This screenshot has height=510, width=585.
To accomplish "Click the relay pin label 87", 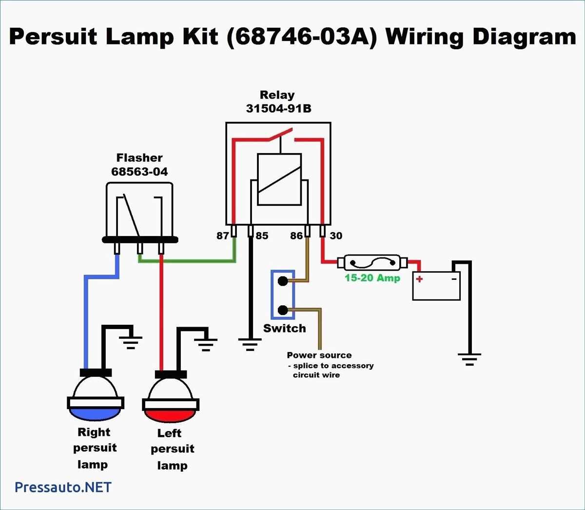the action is point(222,236).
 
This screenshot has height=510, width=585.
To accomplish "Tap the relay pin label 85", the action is point(262,236).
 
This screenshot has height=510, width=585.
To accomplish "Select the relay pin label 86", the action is point(296,236).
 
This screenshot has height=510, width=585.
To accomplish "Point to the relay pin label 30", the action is point(336,236).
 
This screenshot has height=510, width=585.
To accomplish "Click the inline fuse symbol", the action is point(372,263).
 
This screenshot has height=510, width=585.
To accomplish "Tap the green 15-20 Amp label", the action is point(372,278).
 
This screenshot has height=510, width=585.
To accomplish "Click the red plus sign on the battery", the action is point(419,279).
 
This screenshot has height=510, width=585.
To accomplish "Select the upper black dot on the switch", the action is point(282,281).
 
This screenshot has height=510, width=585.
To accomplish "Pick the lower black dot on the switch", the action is point(282,310).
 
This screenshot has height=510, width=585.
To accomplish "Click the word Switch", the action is point(284,329).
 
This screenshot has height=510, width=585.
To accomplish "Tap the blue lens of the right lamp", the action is point(95,414).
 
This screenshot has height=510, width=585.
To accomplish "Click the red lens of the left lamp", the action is point(170,415).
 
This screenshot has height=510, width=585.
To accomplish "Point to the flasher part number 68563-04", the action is point(139,172).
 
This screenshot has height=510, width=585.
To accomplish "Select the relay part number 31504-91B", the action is point(278,108).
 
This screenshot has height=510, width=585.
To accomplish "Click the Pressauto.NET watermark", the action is point(63,487).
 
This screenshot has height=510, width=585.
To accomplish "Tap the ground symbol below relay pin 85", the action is point(250,344).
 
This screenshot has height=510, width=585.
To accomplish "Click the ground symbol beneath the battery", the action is point(469,359).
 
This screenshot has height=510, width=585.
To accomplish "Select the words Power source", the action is point(319,355).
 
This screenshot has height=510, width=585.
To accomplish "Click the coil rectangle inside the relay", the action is point(279,179).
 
